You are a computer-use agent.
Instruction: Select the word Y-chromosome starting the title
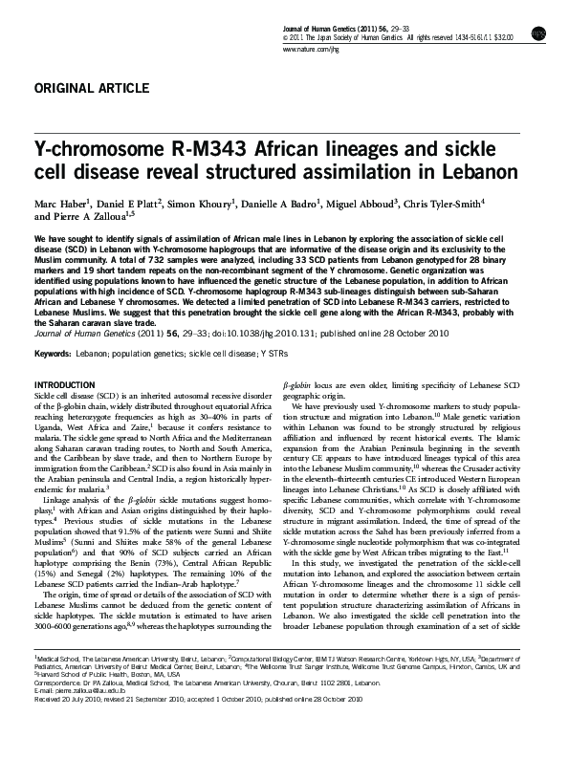(x=87, y=151)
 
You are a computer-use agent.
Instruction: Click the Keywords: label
(x=54, y=327)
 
